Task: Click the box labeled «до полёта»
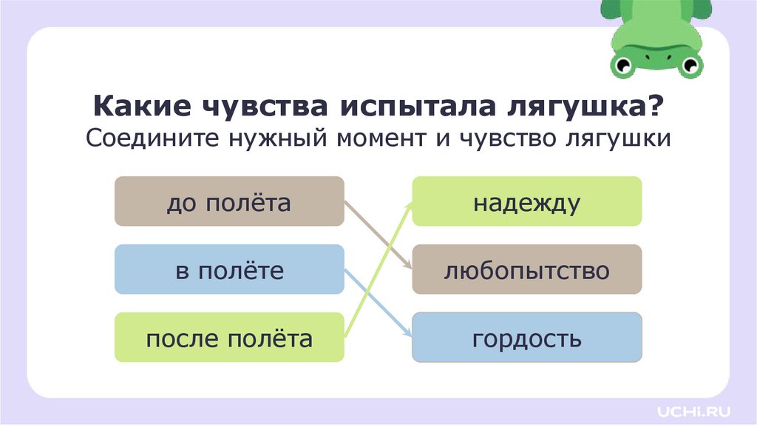(229, 201)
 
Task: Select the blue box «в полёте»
(229, 270)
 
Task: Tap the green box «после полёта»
(229, 338)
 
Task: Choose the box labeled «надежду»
(526, 201)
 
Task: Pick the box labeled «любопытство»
(526, 270)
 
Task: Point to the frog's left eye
(622, 65)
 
